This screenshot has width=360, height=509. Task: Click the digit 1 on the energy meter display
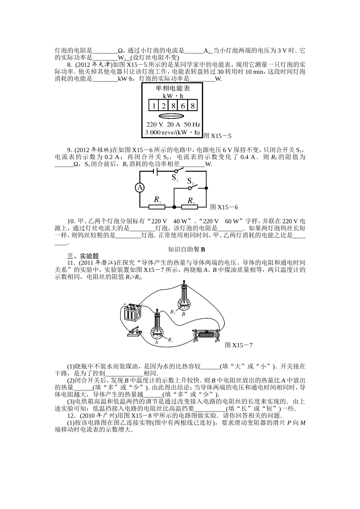click(x=153, y=106)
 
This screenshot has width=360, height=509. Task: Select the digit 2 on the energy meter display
click(x=163, y=106)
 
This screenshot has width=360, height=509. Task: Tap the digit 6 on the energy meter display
click(x=183, y=106)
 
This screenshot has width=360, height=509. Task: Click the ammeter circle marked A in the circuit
click(x=140, y=188)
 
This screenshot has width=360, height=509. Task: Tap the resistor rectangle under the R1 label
click(x=157, y=207)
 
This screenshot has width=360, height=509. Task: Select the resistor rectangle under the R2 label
click(x=189, y=207)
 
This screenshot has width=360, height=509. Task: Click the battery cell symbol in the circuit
click(x=156, y=171)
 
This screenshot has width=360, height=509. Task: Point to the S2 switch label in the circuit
click(x=190, y=182)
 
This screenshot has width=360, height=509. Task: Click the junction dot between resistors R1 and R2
click(x=174, y=207)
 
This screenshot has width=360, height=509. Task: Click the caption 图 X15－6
click(x=224, y=207)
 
